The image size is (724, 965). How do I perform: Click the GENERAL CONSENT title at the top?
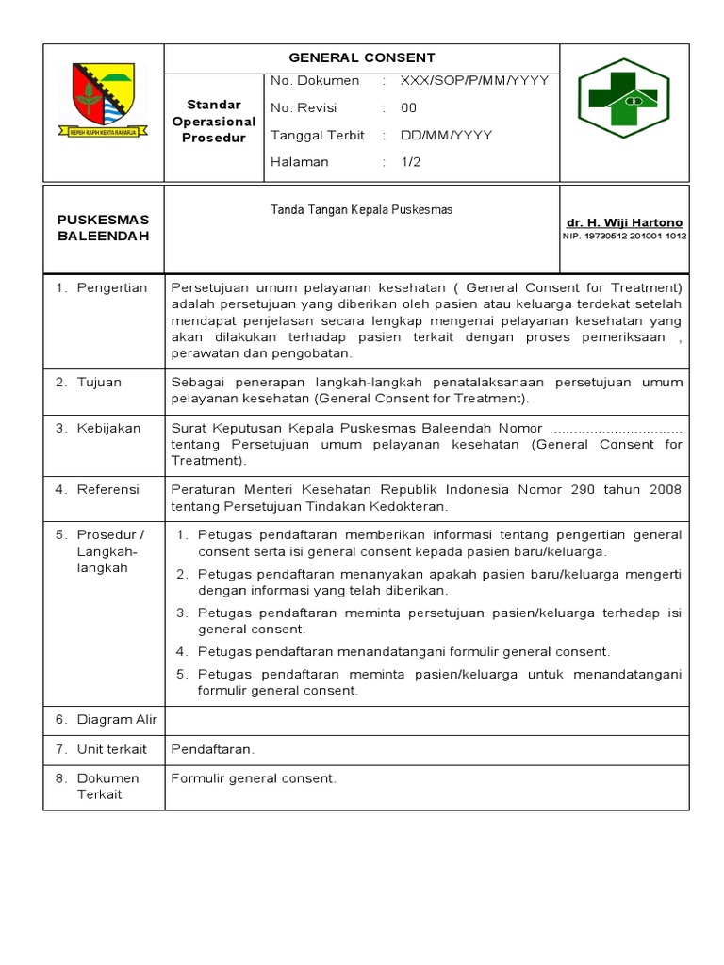(x=361, y=58)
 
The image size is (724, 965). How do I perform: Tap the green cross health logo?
(x=623, y=97)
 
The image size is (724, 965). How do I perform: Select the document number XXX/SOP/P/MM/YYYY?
(x=474, y=81)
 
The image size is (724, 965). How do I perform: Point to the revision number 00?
(x=408, y=107)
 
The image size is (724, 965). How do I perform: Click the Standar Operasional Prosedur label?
(x=214, y=121)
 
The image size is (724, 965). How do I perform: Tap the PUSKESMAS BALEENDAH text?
(x=103, y=227)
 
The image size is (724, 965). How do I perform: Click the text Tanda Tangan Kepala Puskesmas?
(x=361, y=210)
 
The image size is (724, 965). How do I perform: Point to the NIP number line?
(x=624, y=237)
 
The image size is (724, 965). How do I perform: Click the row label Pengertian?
(x=111, y=288)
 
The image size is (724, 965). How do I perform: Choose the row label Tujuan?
(x=99, y=383)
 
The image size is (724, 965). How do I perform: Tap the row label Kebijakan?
(x=108, y=429)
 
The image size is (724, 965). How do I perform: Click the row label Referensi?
(x=107, y=490)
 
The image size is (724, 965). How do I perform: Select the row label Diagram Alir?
(x=117, y=720)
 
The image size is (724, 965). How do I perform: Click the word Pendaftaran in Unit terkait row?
(x=212, y=750)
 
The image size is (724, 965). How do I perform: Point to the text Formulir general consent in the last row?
(x=253, y=778)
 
